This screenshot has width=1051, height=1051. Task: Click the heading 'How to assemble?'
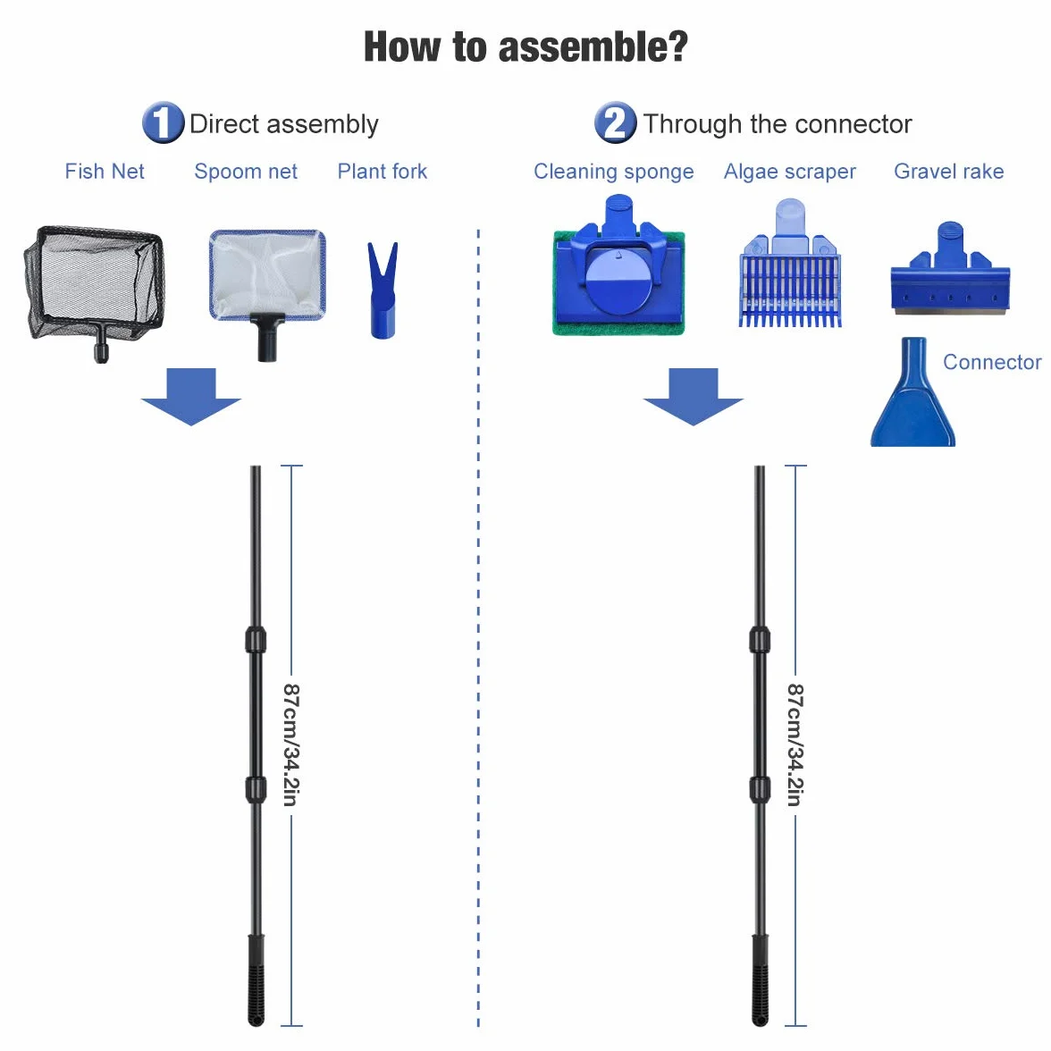pyautogui.click(x=525, y=46)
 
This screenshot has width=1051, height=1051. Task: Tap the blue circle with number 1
pyautogui.click(x=163, y=122)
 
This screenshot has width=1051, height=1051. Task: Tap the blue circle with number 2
pyautogui.click(x=615, y=122)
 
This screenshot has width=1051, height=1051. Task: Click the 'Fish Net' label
pyautogui.click(x=105, y=172)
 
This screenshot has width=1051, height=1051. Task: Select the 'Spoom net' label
pyautogui.click(x=245, y=172)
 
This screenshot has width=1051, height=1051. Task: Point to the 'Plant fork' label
pyautogui.click(x=383, y=172)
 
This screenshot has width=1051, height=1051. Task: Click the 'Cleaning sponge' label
pyautogui.click(x=613, y=172)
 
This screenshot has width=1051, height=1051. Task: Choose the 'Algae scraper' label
pyautogui.click(x=790, y=172)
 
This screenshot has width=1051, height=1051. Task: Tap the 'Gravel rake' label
pyautogui.click(x=948, y=172)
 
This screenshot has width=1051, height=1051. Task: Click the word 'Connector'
pyautogui.click(x=992, y=362)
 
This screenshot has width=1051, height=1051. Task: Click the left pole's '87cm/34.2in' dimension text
pyautogui.click(x=291, y=744)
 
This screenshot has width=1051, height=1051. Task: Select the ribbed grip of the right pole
pyautogui.click(x=760, y=980)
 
